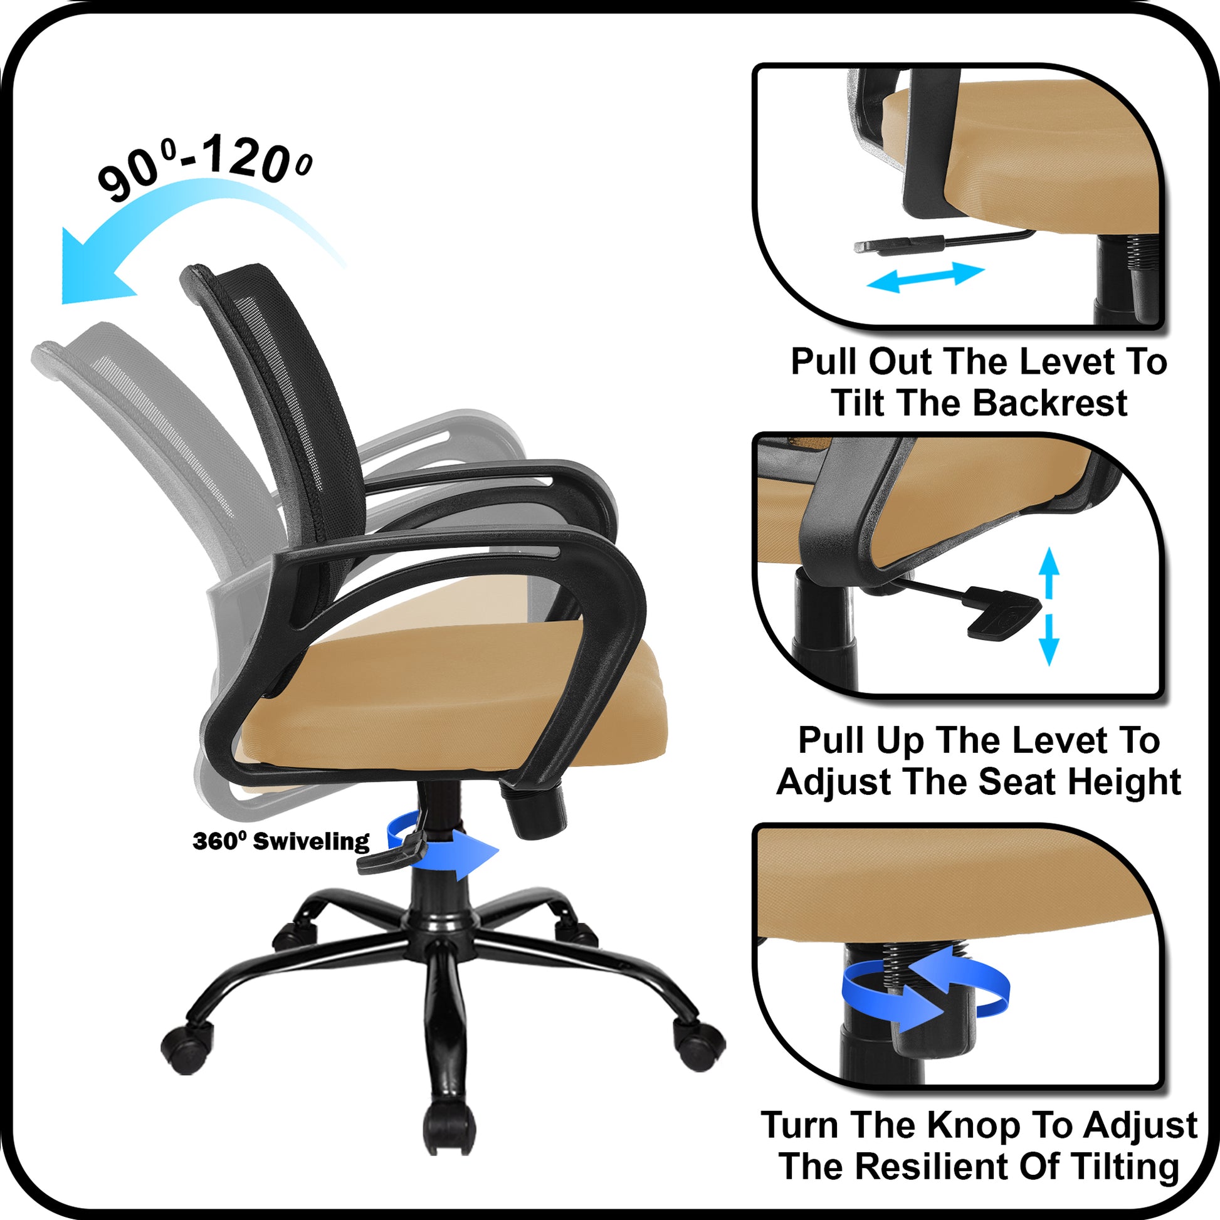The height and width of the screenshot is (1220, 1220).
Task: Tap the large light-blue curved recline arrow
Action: pyautogui.click(x=189, y=208)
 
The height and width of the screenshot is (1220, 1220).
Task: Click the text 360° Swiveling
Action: pyautogui.click(x=281, y=842)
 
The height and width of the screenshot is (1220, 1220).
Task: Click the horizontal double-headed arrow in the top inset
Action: pyautogui.click(x=926, y=277)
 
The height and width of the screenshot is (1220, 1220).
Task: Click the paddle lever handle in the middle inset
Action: pyautogui.click(x=1004, y=613)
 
